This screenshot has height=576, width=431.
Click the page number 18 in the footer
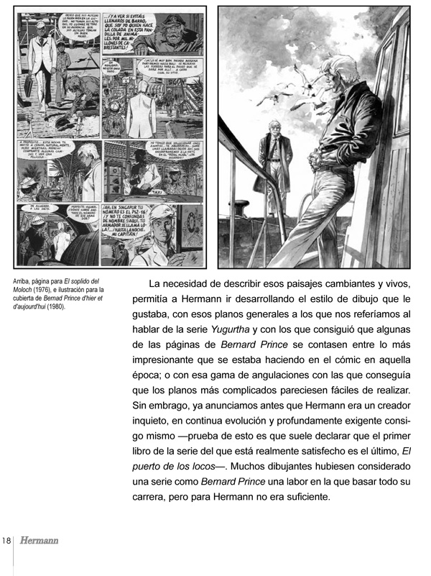(6, 541)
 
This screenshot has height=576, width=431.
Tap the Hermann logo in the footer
(39, 541)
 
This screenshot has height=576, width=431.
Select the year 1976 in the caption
(43, 289)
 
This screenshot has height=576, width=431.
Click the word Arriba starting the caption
(24, 280)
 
